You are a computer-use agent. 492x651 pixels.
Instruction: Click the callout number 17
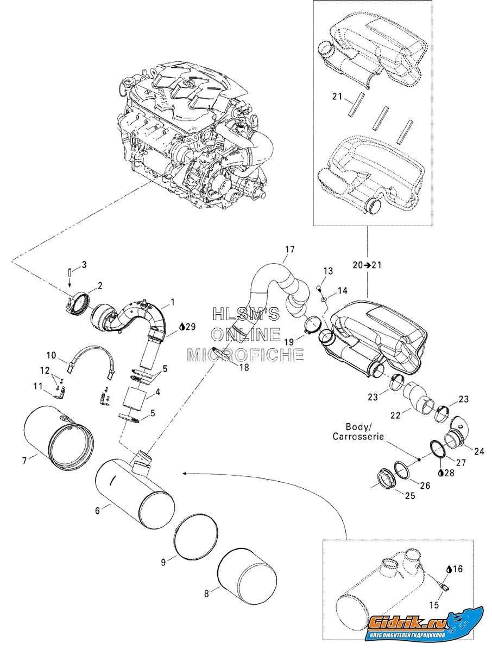pos(289,250)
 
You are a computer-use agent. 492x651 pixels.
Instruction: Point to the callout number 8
pos(206,593)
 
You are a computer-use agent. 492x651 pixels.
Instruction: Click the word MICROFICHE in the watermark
pos(245,355)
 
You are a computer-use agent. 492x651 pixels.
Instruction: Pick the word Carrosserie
pos(359,436)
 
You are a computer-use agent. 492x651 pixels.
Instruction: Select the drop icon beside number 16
pos(448,569)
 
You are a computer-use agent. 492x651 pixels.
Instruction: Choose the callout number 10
pos(51,356)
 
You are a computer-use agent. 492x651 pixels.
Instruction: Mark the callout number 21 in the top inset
pos(337,97)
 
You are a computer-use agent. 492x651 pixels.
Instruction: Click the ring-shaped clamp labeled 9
pos(198,535)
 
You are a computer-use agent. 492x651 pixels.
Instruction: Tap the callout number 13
pos(328,270)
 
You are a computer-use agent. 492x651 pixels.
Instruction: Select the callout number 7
pos(24,461)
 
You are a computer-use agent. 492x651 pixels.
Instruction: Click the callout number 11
pos(37,386)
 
